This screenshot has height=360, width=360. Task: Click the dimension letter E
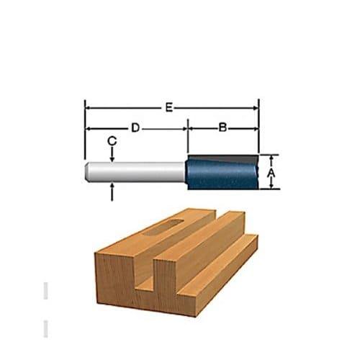(169, 107)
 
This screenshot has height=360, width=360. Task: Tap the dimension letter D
(135, 128)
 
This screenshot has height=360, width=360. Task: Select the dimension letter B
(222, 127)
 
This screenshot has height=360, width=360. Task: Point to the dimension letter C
(112, 141)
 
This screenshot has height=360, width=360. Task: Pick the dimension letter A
(271, 172)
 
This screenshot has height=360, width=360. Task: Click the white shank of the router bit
(135, 171)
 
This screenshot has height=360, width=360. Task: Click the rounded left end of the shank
(88, 171)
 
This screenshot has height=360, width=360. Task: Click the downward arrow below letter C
(112, 155)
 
